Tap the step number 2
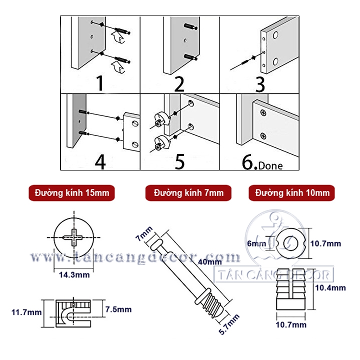point(179,83)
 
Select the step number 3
point(259,83)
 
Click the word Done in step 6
point(270,166)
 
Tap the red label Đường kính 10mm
point(292,193)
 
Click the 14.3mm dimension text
point(71,274)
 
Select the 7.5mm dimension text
point(118,309)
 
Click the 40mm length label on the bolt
point(210,261)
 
